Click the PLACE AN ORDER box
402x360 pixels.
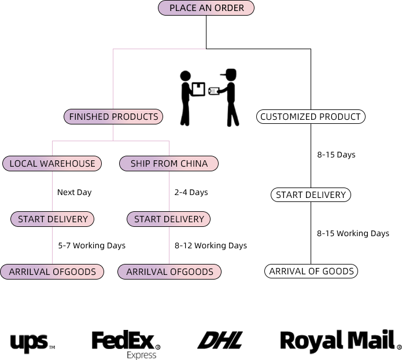pyautogui.click(x=205, y=8)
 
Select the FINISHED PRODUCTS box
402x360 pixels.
pyautogui.click(x=113, y=117)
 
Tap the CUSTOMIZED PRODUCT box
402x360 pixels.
pyautogui.click(x=311, y=117)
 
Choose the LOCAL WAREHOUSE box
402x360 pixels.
pyautogui.click(x=52, y=163)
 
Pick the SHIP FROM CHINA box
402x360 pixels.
pyautogui.click(x=169, y=163)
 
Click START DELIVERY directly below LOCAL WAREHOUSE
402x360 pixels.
pyautogui.click(x=53, y=219)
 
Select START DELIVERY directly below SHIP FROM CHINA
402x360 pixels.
pyautogui.click(x=169, y=219)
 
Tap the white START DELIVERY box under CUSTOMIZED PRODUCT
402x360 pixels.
pyautogui.click(x=311, y=195)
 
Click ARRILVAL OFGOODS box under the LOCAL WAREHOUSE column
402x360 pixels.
pyautogui.click(x=52, y=271)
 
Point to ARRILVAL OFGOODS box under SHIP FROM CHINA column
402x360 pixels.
pyautogui.click(x=169, y=271)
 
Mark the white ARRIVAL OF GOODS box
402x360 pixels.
pyautogui.click(x=311, y=271)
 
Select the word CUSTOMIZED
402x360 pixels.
pyautogui.click(x=286, y=117)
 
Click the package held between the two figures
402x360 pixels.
pyautogui.click(x=198, y=89)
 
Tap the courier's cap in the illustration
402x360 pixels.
pyautogui.click(x=230, y=73)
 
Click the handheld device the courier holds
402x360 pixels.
pyautogui.click(x=215, y=91)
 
